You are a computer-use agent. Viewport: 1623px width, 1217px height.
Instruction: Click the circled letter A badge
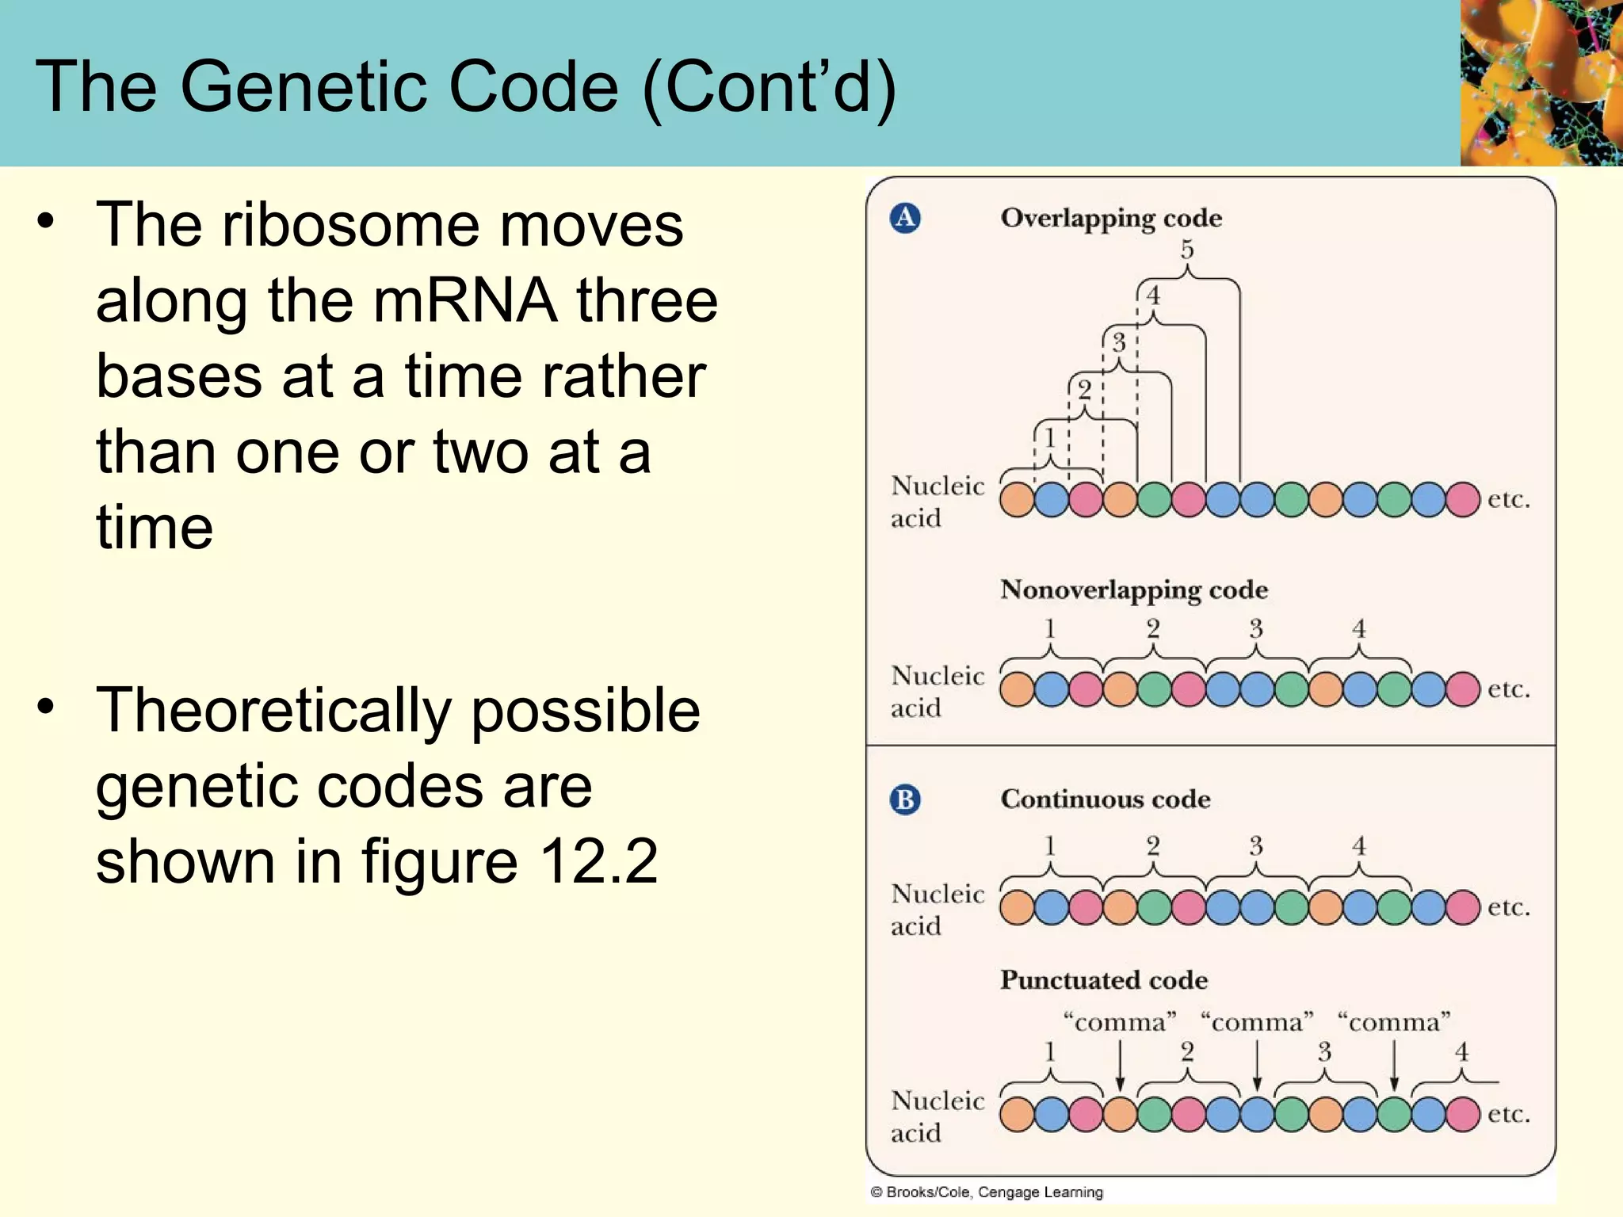pos(905,217)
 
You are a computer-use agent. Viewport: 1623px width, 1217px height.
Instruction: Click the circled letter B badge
pos(905,799)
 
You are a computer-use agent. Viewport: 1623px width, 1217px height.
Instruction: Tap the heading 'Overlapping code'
pos(1111,218)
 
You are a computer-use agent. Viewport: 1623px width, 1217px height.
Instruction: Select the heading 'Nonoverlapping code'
pos(1134,589)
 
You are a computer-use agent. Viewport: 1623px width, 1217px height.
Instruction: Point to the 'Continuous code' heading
pos(1106,799)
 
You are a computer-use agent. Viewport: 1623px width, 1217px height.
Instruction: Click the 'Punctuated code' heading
pos(1104,980)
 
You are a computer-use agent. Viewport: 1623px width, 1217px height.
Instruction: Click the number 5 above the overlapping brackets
pos(1187,250)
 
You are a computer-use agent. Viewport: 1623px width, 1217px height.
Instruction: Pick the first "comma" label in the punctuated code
pos(1119,1022)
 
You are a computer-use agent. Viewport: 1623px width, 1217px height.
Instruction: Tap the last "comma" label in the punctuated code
pos(1394,1022)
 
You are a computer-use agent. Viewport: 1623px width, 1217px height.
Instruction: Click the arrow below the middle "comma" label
pos(1257,1066)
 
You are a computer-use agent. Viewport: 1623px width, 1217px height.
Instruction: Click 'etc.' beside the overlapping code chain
pos(1509,499)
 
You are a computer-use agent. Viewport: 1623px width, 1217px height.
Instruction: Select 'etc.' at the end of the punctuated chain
pos(1509,1113)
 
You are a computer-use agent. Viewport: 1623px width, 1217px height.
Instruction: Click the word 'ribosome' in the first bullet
pos(352,225)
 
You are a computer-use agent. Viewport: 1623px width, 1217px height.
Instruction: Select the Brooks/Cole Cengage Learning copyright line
pos(987,1192)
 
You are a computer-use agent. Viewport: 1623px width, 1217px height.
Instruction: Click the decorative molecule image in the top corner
pos(1541,82)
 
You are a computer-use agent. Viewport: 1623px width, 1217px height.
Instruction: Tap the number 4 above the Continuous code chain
pos(1359,845)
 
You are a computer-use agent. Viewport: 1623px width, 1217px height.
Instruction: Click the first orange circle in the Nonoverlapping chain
pos(1018,689)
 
